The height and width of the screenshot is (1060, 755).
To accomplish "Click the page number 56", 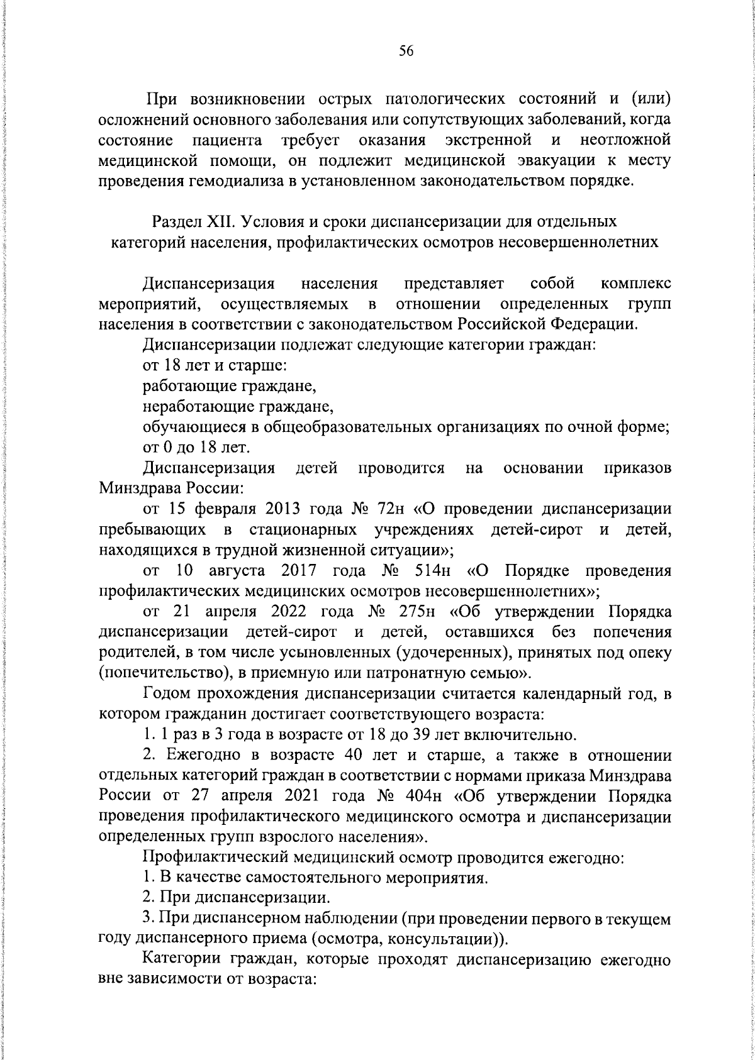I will [406, 52].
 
